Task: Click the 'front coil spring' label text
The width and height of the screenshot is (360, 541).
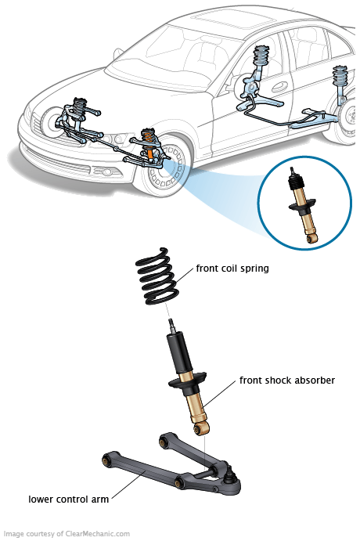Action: point(232,269)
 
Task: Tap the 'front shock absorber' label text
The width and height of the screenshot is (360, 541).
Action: point(287,381)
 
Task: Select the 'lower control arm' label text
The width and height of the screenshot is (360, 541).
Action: point(68,500)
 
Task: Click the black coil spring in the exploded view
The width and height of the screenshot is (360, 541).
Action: point(157,276)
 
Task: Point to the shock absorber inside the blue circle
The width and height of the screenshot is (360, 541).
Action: point(303,206)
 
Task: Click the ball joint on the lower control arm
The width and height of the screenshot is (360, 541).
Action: point(229,477)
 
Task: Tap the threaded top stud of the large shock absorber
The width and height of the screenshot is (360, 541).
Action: point(171,326)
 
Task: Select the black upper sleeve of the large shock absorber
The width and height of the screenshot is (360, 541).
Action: point(179,352)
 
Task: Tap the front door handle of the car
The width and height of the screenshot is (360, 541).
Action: point(279,87)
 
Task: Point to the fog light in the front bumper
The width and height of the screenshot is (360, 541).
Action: point(106,171)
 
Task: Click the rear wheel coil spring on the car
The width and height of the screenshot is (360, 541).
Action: point(340,76)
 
